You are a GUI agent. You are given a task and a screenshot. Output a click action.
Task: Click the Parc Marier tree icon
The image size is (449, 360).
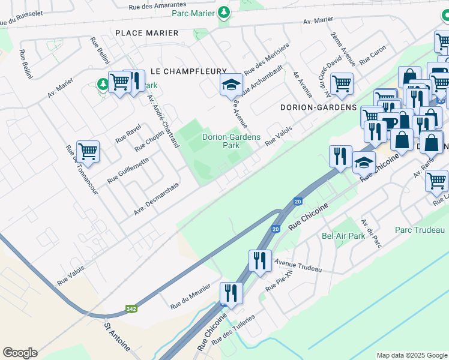click(x=223, y=12)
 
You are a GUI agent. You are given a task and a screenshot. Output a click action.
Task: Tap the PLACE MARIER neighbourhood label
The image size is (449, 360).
click(x=146, y=33)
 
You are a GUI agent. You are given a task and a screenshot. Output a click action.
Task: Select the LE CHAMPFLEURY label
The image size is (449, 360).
click(x=188, y=71)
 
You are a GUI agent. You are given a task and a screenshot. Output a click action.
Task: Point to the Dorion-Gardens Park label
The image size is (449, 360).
click(x=231, y=141)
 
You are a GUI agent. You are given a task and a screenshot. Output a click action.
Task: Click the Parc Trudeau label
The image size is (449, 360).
click(x=420, y=230)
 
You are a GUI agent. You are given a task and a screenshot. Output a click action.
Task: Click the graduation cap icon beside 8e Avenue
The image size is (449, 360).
click(x=230, y=84)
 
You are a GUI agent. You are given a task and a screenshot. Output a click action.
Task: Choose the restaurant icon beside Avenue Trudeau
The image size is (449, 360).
click(x=260, y=261)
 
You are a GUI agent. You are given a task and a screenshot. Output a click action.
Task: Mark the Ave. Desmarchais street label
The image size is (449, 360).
click(x=157, y=202)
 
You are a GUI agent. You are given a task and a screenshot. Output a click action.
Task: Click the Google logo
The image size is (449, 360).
click(x=20, y=352)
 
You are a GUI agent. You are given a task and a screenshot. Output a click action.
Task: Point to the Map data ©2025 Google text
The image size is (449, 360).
click(x=411, y=355)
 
